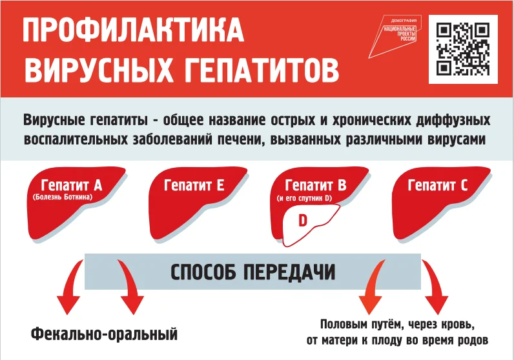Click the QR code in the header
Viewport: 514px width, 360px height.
pos(462,49)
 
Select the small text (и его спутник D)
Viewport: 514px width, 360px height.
pos(303,197)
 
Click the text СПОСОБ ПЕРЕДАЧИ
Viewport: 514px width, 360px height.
pos(253,272)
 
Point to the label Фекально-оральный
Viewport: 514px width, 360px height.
pos(103,335)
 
